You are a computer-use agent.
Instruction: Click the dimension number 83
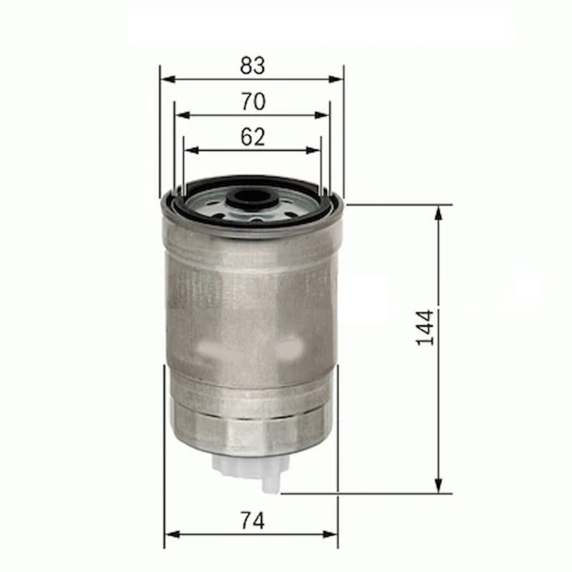[253, 66]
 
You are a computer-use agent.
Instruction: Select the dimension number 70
[253, 102]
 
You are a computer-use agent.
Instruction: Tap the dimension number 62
[253, 137]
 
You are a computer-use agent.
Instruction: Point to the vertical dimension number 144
[425, 327]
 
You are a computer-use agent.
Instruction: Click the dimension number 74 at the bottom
[253, 521]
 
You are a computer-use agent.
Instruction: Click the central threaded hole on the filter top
[252, 199]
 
